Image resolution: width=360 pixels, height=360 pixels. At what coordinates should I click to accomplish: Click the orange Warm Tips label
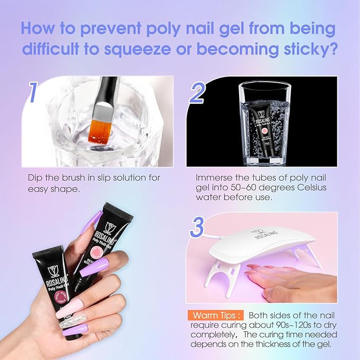click(216, 314)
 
